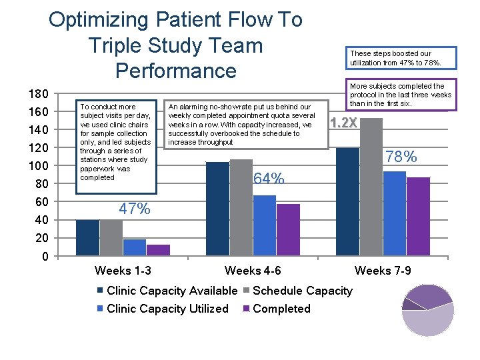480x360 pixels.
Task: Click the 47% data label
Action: point(134,209)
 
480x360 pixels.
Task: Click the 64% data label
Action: point(269,179)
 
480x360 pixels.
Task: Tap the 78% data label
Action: point(402,157)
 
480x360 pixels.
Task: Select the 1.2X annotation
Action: point(344,123)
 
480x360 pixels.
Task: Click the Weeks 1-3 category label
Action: point(123,271)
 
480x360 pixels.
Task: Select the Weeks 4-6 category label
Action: point(253,271)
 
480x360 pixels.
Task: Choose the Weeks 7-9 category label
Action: point(383,271)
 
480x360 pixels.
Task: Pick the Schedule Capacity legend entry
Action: point(302,291)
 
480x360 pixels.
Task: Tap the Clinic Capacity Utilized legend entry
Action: point(167,309)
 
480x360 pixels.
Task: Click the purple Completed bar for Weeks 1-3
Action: point(159,250)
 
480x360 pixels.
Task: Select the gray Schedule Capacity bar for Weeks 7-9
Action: point(371,187)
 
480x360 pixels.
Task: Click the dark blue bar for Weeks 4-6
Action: point(217,209)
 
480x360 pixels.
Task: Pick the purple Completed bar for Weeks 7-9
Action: point(418,217)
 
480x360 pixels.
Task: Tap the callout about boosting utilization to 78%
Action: point(399,58)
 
